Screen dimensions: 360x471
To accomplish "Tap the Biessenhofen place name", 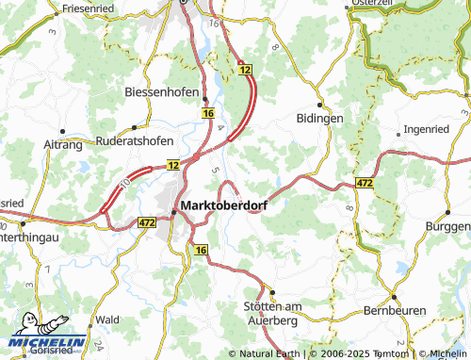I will (x=159, y=92).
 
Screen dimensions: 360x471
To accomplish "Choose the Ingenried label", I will (x=427, y=128).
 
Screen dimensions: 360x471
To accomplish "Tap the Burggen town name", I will (x=447, y=229).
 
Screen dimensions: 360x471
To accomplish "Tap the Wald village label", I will (x=106, y=319).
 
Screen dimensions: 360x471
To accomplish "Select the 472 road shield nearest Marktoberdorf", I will (x=146, y=222).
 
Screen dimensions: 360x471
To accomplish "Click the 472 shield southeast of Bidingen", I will (x=366, y=181).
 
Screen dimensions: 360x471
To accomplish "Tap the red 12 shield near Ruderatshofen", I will (x=173, y=165).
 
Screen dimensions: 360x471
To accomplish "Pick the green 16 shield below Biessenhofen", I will (x=205, y=113).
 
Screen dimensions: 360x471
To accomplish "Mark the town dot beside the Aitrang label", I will (x=62, y=130).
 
